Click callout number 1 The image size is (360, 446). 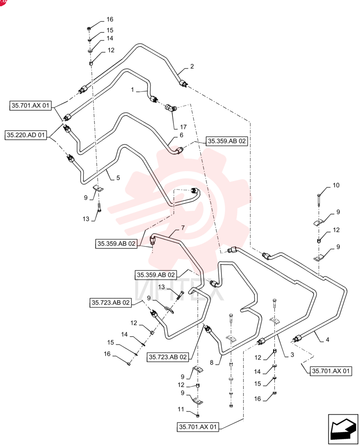pyautogui.click(x=132, y=90)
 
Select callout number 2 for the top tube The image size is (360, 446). pyautogui.click(x=192, y=66)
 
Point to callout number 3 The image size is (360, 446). pyautogui.click(x=292, y=355)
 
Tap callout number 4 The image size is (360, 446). pyautogui.click(x=327, y=339)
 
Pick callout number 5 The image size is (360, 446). pyautogui.click(x=118, y=178)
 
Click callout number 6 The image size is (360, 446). pyautogui.click(x=182, y=135)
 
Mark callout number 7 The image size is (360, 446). pyautogui.click(x=183, y=228)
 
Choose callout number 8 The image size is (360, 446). pyautogui.click(x=211, y=362)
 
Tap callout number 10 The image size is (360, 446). pyautogui.click(x=336, y=186)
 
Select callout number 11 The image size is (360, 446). pyautogui.click(x=181, y=409)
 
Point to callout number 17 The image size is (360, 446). pyautogui.click(x=183, y=127)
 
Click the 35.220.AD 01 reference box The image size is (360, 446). pyautogui.click(x=26, y=135)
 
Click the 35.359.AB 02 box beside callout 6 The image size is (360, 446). pyautogui.click(x=227, y=141)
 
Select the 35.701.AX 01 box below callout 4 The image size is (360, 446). pyautogui.click(x=331, y=371)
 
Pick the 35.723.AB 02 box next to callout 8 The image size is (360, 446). pyautogui.click(x=168, y=357)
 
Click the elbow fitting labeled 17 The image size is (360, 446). pyautogui.click(x=171, y=108)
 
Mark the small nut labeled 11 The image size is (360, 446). pyautogui.click(x=198, y=416)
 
